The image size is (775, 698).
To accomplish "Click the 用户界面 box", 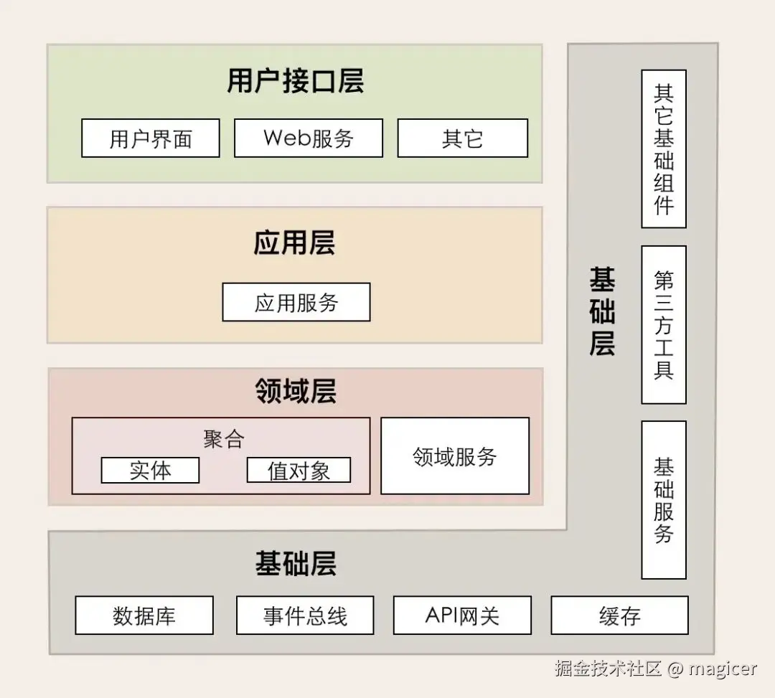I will pos(151,138).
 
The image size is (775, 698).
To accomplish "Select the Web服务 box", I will pos(309,138).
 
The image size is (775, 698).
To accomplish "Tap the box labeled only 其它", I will pos(463,138).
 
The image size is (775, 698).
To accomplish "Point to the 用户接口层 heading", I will pos(296,80).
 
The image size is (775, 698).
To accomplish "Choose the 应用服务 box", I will pos(296,302).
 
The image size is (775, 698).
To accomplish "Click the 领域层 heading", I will pos(296,392).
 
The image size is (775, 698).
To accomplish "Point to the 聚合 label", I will pos(224,438).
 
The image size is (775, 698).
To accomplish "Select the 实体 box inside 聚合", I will pos(150,470).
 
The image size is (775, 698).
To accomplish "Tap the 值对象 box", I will pos(299,470).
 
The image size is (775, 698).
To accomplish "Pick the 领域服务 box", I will pos(455,456).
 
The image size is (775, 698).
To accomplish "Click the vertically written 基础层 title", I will pos(602,311).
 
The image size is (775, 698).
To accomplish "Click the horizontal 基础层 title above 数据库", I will pos(296,564).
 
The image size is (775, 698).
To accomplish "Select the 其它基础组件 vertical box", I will pos(664,148).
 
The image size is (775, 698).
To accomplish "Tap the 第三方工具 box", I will pos(664,324).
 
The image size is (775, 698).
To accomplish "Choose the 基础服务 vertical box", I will pos(664,499).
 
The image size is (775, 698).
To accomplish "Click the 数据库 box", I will pos(144,616).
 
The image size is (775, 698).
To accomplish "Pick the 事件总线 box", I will pos(305,616).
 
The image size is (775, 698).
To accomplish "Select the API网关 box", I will pos(462,616).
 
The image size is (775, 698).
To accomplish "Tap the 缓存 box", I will pos(619,616).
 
